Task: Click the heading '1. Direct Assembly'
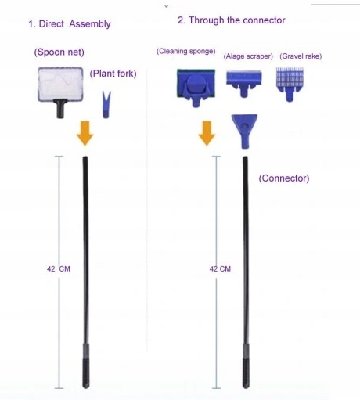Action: tap(70, 24)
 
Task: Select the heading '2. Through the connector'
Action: tap(232, 20)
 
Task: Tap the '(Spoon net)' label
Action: tap(59, 52)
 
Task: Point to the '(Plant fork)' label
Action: tap(113, 74)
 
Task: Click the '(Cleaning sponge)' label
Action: tap(186, 51)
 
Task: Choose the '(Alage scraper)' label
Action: tap(248, 56)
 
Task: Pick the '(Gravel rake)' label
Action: tap(301, 56)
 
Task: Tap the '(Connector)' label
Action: tap(284, 178)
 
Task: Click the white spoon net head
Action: tap(60, 84)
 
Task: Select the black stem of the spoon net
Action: tap(60, 109)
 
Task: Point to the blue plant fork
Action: tap(106, 104)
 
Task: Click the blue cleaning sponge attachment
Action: tap(196, 87)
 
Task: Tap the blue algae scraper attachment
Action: tap(244, 83)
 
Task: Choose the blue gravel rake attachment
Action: tap(290, 84)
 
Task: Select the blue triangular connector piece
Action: tap(244, 131)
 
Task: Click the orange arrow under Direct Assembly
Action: tap(85, 133)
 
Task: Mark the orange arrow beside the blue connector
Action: tap(207, 133)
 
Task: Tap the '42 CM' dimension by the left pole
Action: tap(59, 269)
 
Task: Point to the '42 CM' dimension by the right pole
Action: tap(220, 269)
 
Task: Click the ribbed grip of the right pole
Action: tap(246, 373)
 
